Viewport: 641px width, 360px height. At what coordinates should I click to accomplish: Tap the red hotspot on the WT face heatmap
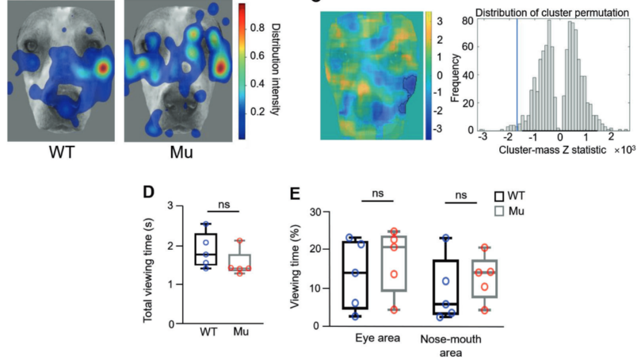101,68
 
